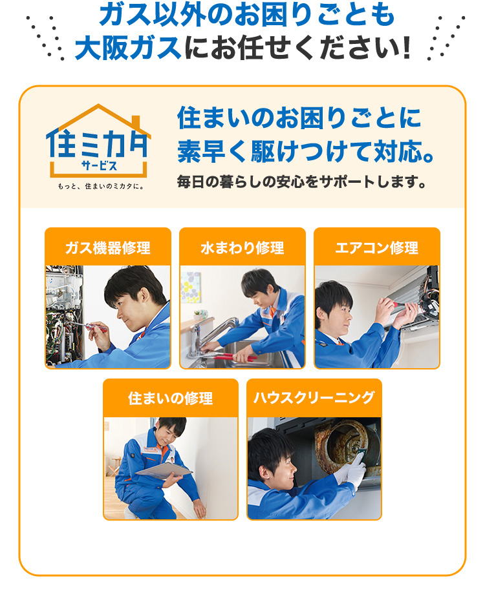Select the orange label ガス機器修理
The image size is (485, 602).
point(108,247)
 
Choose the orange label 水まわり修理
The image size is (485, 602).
point(242,247)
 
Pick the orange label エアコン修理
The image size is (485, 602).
point(377,247)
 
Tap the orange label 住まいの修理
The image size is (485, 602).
point(171,399)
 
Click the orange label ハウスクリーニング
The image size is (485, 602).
point(314,398)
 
